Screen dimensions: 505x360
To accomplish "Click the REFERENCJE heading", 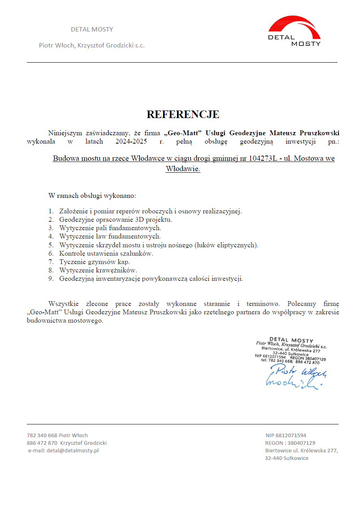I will [183, 114].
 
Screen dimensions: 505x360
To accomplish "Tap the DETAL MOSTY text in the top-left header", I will [92, 30].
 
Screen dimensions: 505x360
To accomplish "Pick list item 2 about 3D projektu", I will [115, 220].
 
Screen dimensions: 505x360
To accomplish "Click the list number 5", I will [51, 245].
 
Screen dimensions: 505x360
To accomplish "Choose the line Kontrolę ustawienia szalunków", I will [106, 253].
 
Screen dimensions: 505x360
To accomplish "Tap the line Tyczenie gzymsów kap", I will [94, 262].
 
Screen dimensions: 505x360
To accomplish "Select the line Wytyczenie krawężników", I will [98, 270].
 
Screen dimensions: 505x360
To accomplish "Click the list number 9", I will [51, 278].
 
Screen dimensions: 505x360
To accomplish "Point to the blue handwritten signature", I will [295, 377].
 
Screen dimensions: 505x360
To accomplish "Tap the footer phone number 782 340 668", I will [42, 435].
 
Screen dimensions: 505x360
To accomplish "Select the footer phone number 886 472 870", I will [42, 443].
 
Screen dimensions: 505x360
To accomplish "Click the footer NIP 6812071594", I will [286, 435].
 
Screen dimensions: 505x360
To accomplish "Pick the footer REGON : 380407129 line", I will [290, 443].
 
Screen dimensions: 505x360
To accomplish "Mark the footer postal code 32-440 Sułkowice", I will [287, 458].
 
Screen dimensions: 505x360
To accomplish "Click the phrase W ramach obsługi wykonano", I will [92, 196].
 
